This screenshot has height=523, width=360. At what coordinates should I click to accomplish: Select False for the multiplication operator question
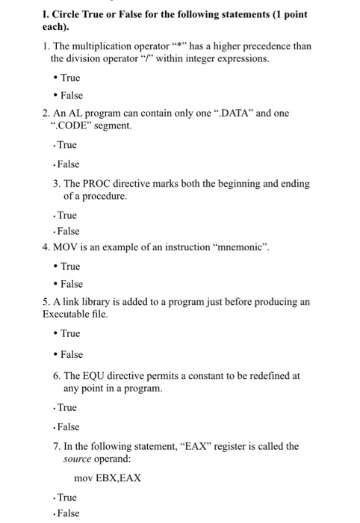(x=71, y=96)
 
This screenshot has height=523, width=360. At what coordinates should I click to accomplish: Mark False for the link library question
(x=71, y=354)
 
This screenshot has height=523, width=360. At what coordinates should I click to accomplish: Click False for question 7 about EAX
(x=68, y=514)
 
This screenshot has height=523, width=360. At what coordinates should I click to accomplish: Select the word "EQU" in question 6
(x=99, y=376)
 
